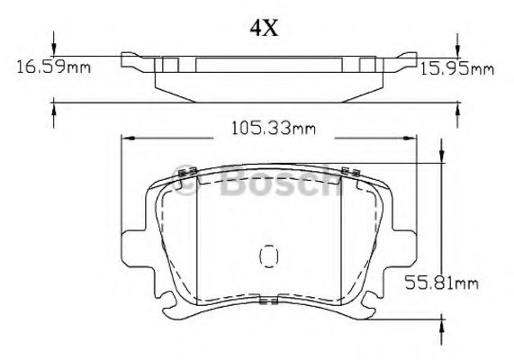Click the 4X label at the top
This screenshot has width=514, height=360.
(264, 28)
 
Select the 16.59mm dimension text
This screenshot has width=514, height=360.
(50, 66)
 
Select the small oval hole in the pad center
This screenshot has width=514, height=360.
(266, 256)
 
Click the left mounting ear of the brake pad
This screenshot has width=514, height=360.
(132, 244)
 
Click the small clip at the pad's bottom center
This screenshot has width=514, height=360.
(266, 304)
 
